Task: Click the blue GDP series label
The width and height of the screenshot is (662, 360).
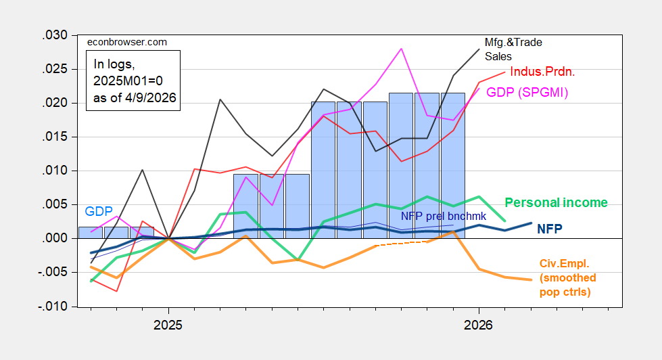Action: coord(99,211)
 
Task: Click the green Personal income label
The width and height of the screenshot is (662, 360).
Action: coord(557,202)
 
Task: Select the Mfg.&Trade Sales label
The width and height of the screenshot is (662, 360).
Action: coord(514,49)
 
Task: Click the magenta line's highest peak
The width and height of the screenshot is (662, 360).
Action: coord(402,49)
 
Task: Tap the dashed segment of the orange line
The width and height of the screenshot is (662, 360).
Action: coord(402,243)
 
